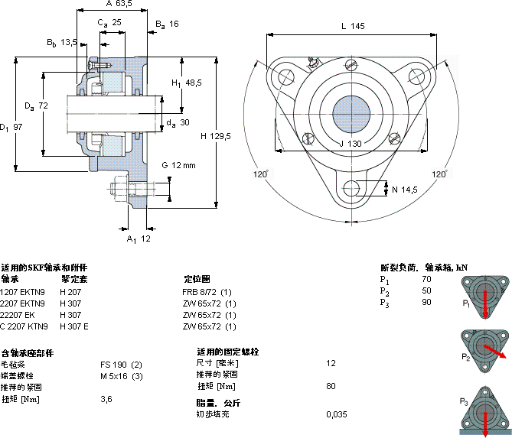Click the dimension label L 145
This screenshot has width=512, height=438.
click(352, 26)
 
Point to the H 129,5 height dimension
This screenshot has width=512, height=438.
click(216, 135)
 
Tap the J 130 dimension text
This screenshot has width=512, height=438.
click(351, 144)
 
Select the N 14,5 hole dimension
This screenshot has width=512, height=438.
click(405, 190)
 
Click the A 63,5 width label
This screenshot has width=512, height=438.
click(119, 4)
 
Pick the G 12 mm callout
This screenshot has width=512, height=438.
click(178, 165)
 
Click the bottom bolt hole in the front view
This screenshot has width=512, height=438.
click(352, 188)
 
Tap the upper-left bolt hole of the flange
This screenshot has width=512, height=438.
click(286, 76)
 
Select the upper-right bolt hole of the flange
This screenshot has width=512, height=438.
click(417, 76)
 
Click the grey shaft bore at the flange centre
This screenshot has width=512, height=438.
click(352, 114)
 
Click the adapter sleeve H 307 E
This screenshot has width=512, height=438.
click(74, 326)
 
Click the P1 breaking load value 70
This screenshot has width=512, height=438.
click(426, 280)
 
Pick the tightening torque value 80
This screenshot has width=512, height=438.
click(331, 386)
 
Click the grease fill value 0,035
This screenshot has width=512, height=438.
click(336, 414)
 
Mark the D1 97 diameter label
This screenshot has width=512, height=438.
click(11, 127)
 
